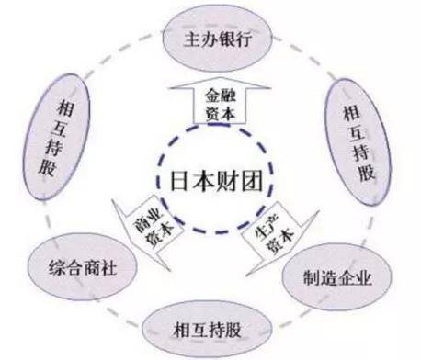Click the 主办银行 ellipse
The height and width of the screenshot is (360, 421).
pos(217,39)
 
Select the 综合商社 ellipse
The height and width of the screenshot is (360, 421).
pos(82,267)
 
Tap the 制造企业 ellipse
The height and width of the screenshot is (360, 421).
pos(337,277)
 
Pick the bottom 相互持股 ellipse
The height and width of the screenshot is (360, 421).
pos(207,330)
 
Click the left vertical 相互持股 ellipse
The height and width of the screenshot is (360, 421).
pos(57,136)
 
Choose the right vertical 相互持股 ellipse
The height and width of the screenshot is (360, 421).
pos(358,141)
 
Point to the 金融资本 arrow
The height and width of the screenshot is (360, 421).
pos(221,100)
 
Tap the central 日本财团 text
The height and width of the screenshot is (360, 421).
pos(216,181)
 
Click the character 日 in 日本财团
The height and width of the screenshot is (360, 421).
pos(179,181)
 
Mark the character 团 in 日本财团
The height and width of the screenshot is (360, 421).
pos(253,181)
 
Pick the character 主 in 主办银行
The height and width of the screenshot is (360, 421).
pos(192,39)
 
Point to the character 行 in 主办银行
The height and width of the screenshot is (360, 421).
pos(244,39)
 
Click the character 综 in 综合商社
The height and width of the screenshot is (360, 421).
pos(57,267)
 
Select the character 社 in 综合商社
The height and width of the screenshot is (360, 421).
pos(108,267)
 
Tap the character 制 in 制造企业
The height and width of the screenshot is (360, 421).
pos(312,277)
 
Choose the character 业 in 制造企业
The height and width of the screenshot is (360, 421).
pos(363,277)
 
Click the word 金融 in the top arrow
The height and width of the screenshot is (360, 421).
pos(221,96)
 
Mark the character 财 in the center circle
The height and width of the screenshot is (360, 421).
pos(229,181)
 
